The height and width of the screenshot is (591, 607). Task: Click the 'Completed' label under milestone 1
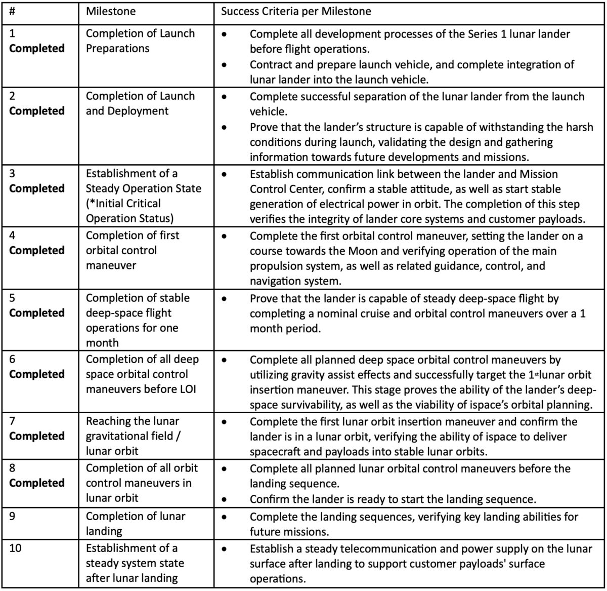click(37, 49)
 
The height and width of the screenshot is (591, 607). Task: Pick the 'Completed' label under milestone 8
click(37, 483)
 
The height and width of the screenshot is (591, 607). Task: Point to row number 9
click(13, 517)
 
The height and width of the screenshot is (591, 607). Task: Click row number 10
click(16, 548)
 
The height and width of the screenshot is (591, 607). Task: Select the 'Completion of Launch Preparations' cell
click(140, 41)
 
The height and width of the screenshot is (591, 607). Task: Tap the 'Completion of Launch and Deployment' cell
click(140, 103)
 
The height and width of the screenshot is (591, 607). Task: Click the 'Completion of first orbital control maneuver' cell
click(133, 250)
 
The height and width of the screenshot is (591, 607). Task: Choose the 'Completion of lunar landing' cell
click(136, 524)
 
